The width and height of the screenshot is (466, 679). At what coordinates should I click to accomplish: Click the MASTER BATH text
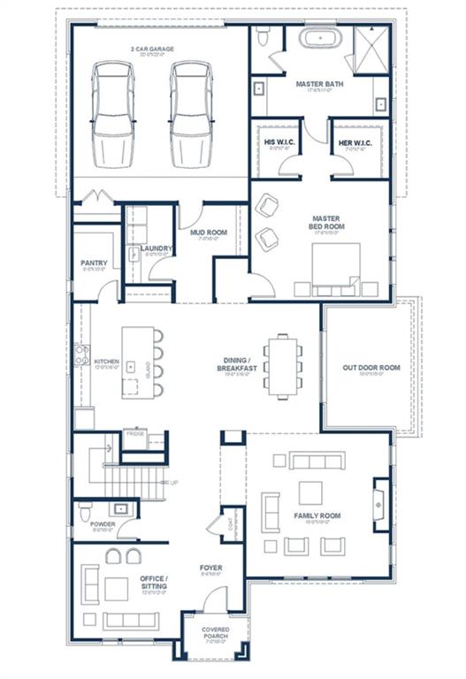[x=319, y=84]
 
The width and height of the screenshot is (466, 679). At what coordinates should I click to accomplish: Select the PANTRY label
[x=94, y=263]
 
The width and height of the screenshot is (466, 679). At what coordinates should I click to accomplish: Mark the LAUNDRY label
[x=155, y=248]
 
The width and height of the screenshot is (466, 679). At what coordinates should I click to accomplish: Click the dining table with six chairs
[x=284, y=365]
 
